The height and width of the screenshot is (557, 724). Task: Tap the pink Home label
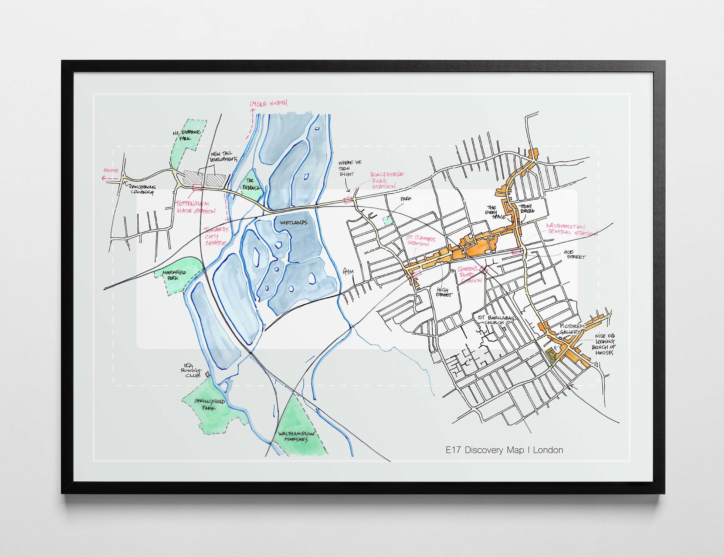click(111, 171)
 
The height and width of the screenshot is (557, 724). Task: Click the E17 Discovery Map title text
click(505, 450)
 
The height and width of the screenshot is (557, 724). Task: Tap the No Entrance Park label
click(186, 135)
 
